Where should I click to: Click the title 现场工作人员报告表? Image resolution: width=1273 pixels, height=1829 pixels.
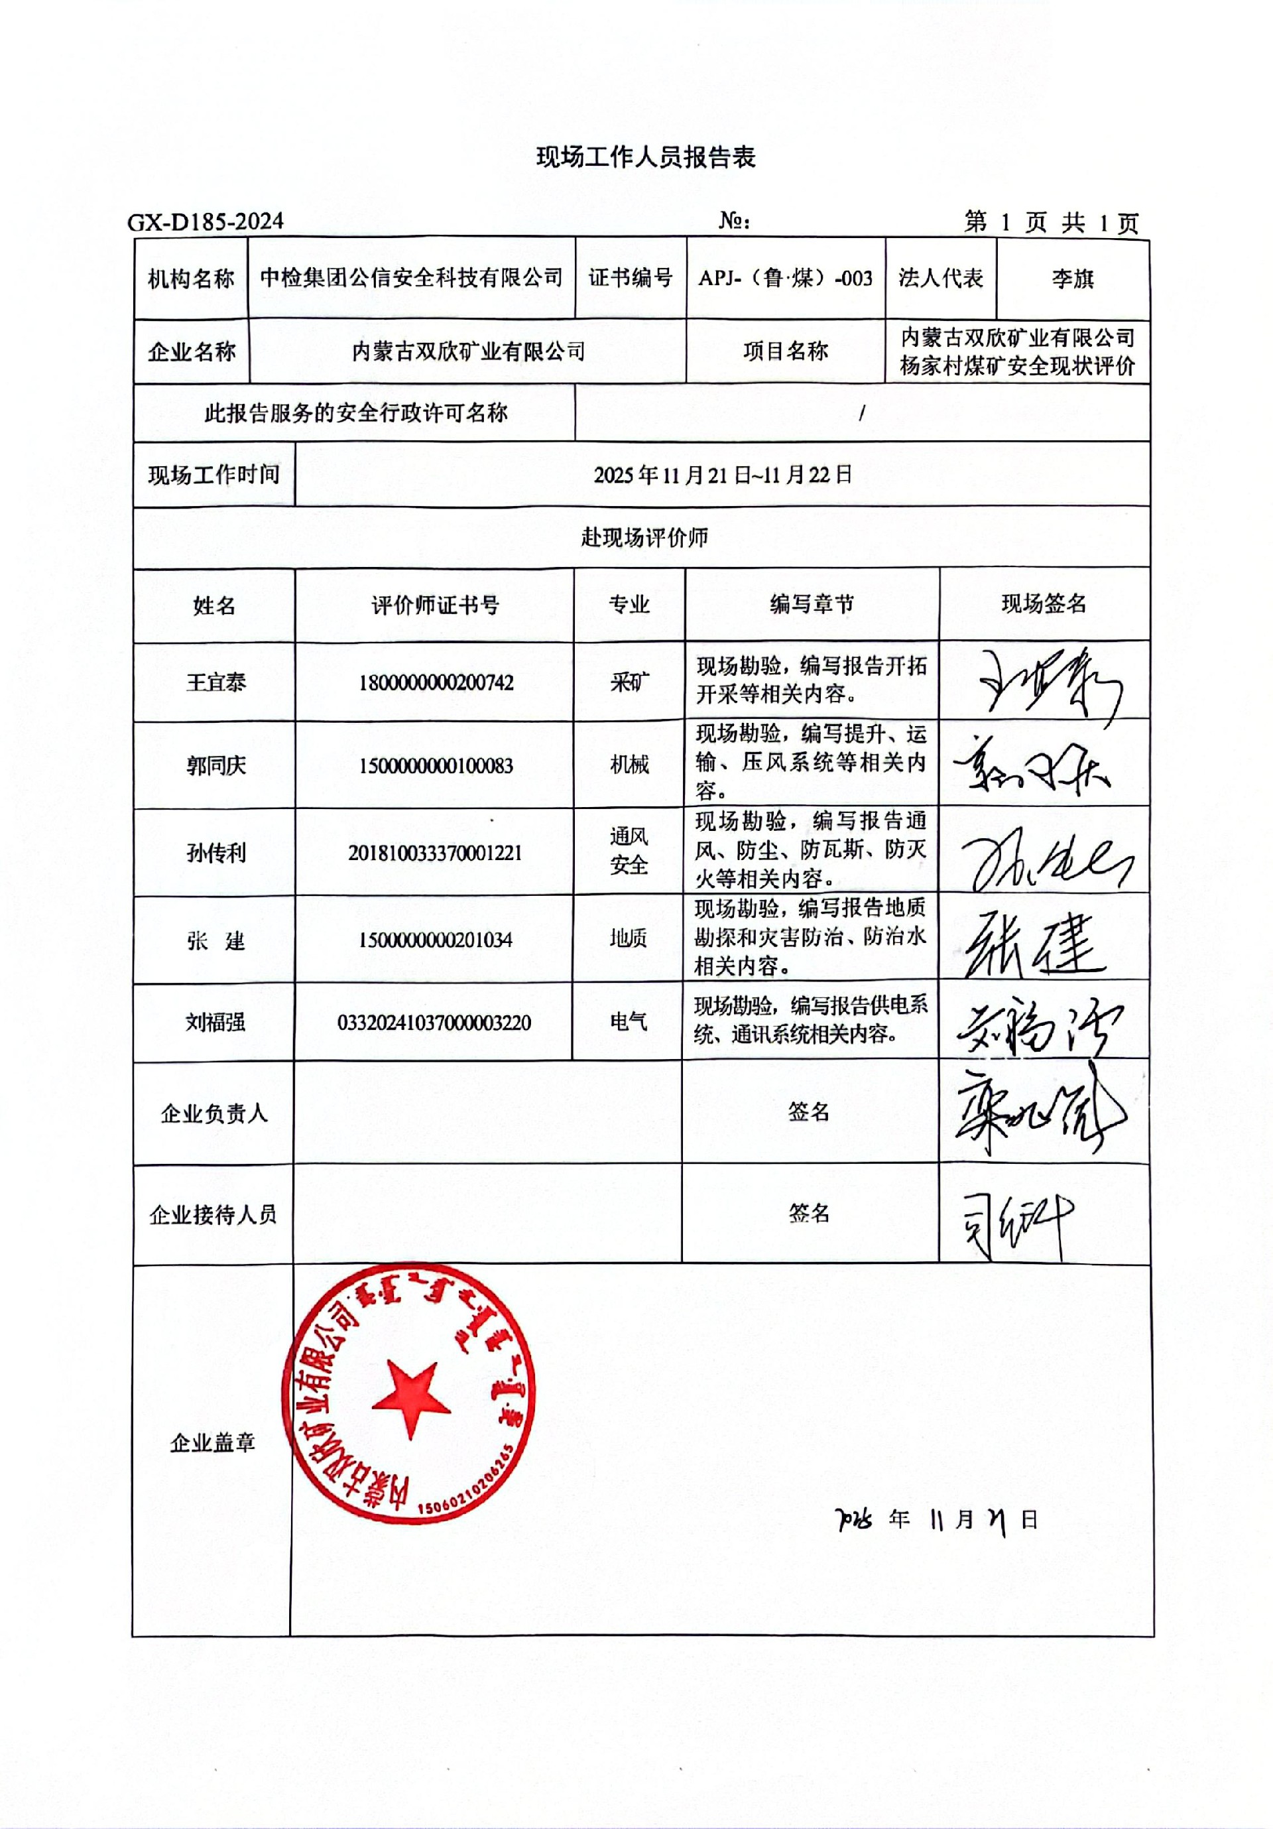(645, 157)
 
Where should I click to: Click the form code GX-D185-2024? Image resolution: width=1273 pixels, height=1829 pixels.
(206, 221)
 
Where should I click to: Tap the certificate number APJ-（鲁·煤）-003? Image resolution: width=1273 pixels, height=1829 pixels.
(786, 278)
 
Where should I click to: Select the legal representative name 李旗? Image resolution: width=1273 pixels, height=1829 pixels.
(1072, 279)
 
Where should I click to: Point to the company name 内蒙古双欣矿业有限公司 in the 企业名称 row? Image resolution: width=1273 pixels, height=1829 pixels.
(468, 351)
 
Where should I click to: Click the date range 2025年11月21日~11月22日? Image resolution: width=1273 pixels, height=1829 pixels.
(723, 475)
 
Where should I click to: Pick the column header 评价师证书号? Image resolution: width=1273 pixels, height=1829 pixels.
(435, 605)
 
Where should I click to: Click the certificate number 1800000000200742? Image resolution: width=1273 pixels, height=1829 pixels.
(436, 682)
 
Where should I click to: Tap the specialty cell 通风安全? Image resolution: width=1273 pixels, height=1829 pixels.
(629, 851)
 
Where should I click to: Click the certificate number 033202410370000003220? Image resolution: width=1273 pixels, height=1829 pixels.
(434, 1023)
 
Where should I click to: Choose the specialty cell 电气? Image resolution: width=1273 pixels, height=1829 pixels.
(628, 1022)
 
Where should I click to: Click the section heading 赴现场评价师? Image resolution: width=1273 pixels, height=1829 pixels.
(644, 538)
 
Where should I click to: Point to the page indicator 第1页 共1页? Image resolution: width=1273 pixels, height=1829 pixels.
(1051, 222)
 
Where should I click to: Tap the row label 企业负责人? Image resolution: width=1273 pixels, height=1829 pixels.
(213, 1113)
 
